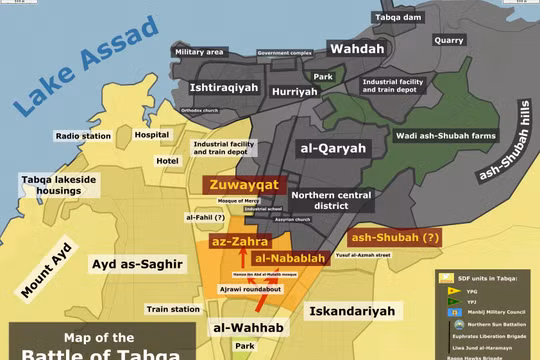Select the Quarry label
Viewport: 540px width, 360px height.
coord(449,40)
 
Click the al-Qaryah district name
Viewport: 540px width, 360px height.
coord(333,147)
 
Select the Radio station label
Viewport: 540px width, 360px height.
coord(81,137)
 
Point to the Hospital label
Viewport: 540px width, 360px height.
coord(152,134)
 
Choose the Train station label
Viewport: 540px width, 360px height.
coord(172,310)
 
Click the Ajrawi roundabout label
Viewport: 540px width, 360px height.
coord(250,289)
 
